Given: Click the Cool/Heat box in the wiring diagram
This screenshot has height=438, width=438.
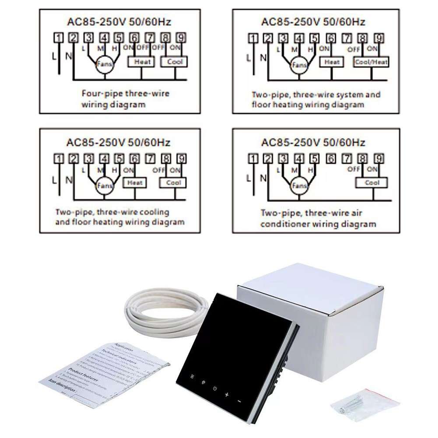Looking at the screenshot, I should click(x=371, y=62).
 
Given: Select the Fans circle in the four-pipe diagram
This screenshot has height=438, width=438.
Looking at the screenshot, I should click(x=104, y=64).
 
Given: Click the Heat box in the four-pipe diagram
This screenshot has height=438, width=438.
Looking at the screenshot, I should click(x=142, y=62).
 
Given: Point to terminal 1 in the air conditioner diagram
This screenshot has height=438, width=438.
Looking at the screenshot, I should click(x=253, y=158).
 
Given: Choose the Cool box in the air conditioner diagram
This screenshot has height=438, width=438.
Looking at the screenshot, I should click(x=372, y=183).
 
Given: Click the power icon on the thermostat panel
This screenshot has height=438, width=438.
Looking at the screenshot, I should click(x=215, y=388).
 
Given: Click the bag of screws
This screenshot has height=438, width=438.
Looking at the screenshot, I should click(x=364, y=405).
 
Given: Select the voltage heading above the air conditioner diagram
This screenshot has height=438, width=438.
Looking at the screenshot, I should click(x=312, y=142).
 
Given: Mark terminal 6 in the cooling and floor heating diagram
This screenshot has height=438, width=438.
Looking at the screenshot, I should click(x=134, y=158).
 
